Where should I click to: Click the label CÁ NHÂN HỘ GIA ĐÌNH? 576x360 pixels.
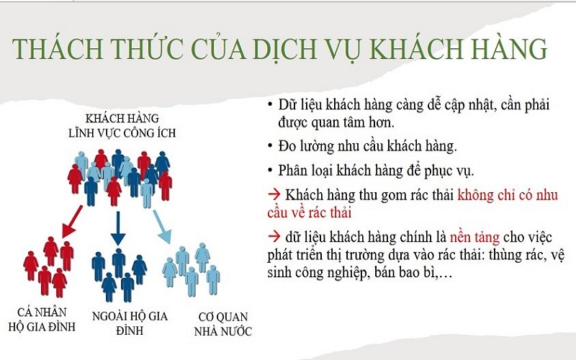48,317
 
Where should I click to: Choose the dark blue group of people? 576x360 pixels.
119,274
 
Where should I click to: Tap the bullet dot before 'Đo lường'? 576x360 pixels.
269,147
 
